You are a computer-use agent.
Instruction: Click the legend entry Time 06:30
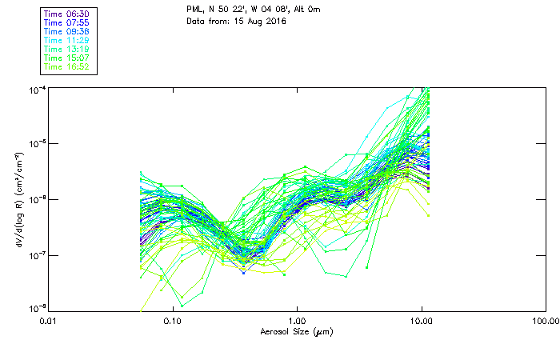point(67,14)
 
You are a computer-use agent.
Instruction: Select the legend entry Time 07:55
point(67,22)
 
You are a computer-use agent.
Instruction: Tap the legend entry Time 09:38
point(67,31)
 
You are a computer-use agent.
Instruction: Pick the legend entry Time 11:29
point(67,40)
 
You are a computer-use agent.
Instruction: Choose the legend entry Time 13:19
point(67,49)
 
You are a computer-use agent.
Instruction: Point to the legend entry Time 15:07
point(67,58)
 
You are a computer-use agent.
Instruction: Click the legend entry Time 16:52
point(67,66)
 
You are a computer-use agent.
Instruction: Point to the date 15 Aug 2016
point(258,21)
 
